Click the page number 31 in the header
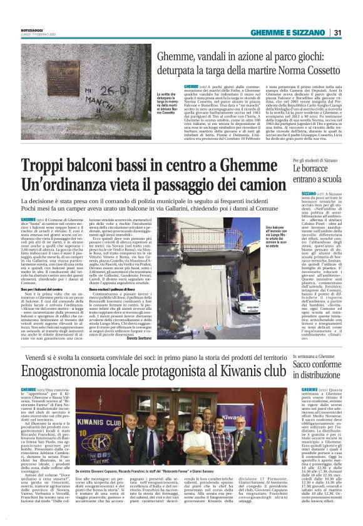[337, 32]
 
